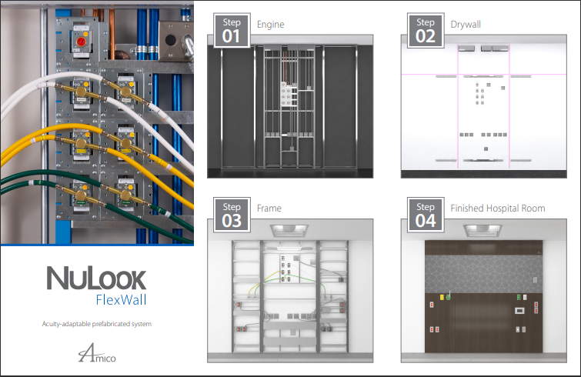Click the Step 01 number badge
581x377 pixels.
click(232, 30)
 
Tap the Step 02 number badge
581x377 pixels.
click(425, 30)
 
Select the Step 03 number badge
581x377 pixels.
click(232, 215)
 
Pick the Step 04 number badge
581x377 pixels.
click(425, 215)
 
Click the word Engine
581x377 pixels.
click(270, 25)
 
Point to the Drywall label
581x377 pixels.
click(465, 25)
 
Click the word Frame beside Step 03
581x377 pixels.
click(269, 209)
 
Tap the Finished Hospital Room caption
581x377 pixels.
click(497, 209)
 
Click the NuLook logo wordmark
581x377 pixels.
click(95, 278)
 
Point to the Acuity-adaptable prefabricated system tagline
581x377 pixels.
click(96, 324)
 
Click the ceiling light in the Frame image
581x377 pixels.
click(290, 229)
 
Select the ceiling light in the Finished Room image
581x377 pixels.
click(483, 229)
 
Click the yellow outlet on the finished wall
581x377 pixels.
click(442, 296)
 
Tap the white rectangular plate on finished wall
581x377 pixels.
click(519, 310)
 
